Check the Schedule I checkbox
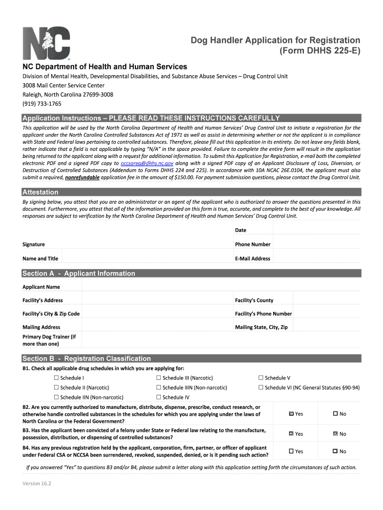[56, 378]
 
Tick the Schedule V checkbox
[261, 378]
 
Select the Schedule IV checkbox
[159, 397]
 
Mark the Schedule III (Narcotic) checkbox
[159, 378]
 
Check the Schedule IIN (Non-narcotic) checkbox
[56, 397]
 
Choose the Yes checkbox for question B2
[291, 414]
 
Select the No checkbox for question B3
[335, 434]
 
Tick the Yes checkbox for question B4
[291, 451]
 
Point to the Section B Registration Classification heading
[87, 359]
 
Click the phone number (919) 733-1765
[42, 104]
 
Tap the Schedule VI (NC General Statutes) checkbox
[261, 387]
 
